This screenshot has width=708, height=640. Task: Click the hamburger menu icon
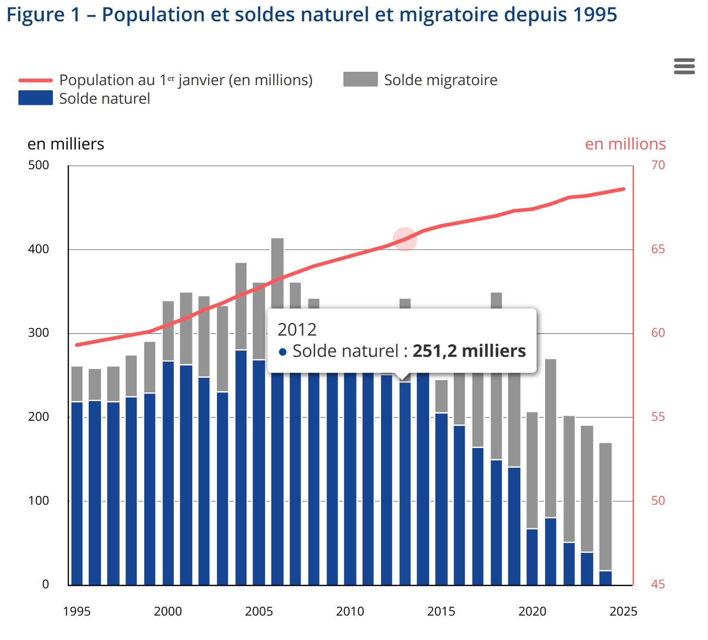(x=684, y=66)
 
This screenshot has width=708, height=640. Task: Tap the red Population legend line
(x=35, y=80)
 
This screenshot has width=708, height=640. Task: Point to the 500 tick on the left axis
(x=39, y=165)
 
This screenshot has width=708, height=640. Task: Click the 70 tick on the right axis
(x=658, y=165)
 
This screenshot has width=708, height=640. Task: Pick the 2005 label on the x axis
(x=259, y=611)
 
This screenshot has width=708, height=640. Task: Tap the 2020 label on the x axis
(x=532, y=611)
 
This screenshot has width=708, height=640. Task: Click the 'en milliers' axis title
(x=65, y=144)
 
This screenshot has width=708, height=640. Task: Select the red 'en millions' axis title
(x=625, y=144)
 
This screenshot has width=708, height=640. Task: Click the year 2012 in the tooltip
(x=297, y=330)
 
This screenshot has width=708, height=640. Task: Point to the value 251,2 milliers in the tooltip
(x=469, y=351)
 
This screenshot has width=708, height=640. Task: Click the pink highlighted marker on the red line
(x=405, y=239)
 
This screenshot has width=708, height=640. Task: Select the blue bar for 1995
(x=77, y=493)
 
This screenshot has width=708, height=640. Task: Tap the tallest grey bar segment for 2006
(x=277, y=272)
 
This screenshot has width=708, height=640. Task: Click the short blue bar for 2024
(x=605, y=578)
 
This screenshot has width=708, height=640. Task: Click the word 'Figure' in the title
(x=35, y=15)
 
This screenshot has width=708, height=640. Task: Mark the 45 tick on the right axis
(x=658, y=584)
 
